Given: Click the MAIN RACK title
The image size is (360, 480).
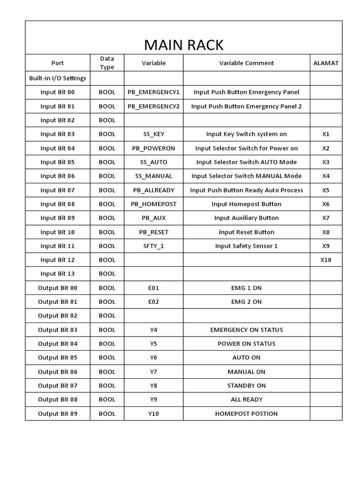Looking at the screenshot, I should click(183, 45).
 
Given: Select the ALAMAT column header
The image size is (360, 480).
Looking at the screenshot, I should click(326, 63).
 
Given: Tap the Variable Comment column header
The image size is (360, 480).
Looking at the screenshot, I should click(246, 63).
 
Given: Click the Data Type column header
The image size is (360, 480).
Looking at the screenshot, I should click(107, 63).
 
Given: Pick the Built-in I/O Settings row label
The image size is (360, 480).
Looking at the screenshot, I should click(58, 78).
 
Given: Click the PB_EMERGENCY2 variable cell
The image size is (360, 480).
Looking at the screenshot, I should click(153, 106).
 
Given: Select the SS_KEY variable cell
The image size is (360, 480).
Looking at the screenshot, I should click(153, 134).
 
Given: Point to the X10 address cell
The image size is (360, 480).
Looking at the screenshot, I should click(326, 260).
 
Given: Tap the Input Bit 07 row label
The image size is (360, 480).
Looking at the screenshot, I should click(58, 190).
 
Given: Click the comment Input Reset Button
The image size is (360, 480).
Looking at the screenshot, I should click(246, 232).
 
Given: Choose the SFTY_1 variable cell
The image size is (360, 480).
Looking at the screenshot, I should click(153, 246).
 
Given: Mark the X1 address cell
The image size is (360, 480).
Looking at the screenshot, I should click(326, 134).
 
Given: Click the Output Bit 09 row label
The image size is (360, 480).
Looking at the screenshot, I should click(58, 413).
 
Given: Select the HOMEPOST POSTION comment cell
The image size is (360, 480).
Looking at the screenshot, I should click(246, 413).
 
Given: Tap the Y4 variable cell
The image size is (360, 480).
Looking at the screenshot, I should click(153, 330).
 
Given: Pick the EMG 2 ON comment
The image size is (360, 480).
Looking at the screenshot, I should click(246, 301).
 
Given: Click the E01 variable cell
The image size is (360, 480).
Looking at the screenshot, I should click(153, 288).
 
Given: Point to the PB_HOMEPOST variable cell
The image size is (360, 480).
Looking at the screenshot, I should click(153, 204).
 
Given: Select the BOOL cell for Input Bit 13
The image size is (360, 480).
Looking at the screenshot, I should click(107, 274).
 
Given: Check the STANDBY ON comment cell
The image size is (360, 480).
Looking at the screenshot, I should click(246, 385).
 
